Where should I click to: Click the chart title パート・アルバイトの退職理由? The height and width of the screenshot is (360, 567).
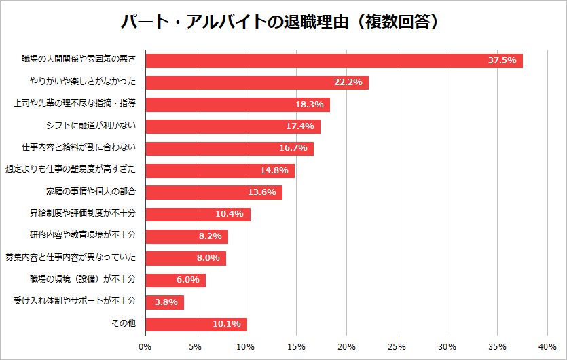[x=283, y=22]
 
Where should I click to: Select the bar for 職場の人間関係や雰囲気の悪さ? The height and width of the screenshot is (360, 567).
[x=333, y=60]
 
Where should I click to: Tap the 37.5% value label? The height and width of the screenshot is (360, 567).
[x=502, y=60]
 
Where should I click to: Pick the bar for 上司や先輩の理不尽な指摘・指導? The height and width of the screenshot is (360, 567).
[x=237, y=105]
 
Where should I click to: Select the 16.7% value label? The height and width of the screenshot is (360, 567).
[x=293, y=148]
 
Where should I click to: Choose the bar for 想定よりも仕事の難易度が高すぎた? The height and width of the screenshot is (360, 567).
[x=219, y=170]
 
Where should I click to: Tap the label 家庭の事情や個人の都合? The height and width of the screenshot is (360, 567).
[x=91, y=192]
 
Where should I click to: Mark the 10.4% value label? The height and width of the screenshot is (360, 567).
[x=230, y=214]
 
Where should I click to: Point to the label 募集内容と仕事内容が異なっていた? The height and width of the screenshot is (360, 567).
[x=71, y=257]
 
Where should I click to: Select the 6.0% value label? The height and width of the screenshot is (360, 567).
[x=187, y=280]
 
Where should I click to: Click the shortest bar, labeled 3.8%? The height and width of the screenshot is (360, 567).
[x=164, y=302]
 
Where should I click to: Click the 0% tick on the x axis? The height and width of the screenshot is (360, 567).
[x=145, y=346]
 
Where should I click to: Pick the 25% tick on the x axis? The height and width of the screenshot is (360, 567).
[x=397, y=346]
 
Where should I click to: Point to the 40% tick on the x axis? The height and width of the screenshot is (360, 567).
[x=547, y=346]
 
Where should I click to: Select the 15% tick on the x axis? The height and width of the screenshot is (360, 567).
[x=296, y=346]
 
